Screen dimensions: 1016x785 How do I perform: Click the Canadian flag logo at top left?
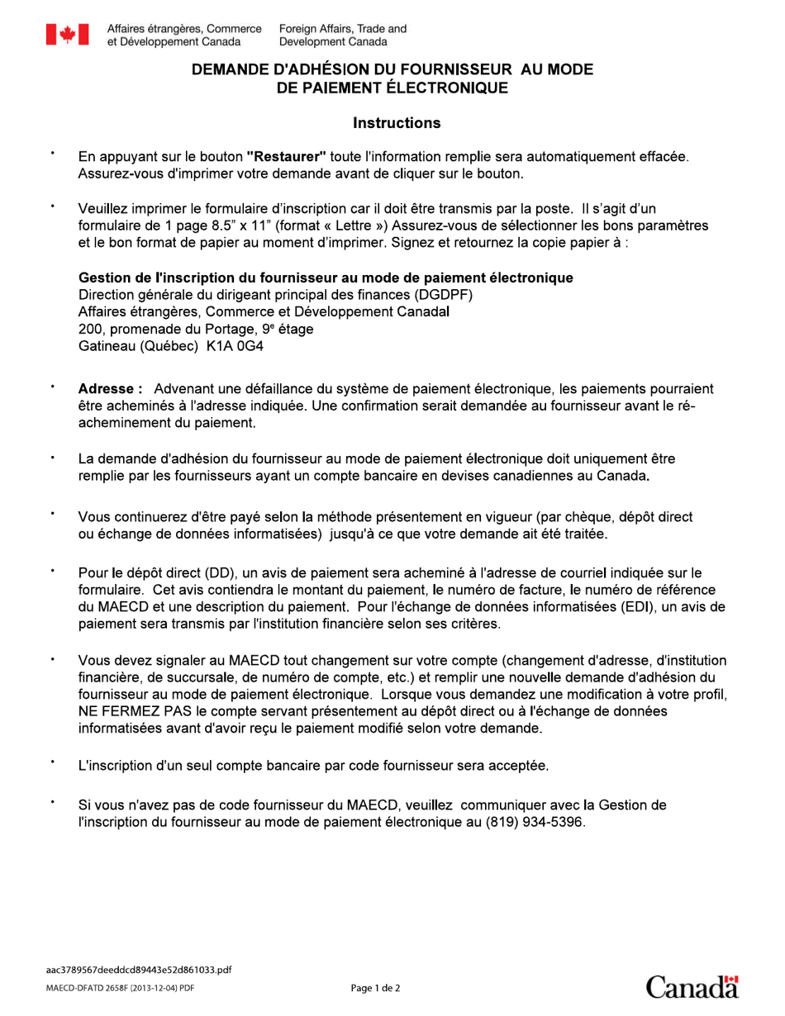click(67, 34)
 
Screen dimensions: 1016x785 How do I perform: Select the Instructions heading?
click(397, 123)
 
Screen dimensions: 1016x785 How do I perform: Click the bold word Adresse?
click(111, 389)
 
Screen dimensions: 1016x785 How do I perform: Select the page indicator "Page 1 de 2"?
click(376, 988)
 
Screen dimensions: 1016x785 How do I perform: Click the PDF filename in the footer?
click(138, 969)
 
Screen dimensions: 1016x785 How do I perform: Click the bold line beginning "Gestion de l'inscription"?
click(326, 278)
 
